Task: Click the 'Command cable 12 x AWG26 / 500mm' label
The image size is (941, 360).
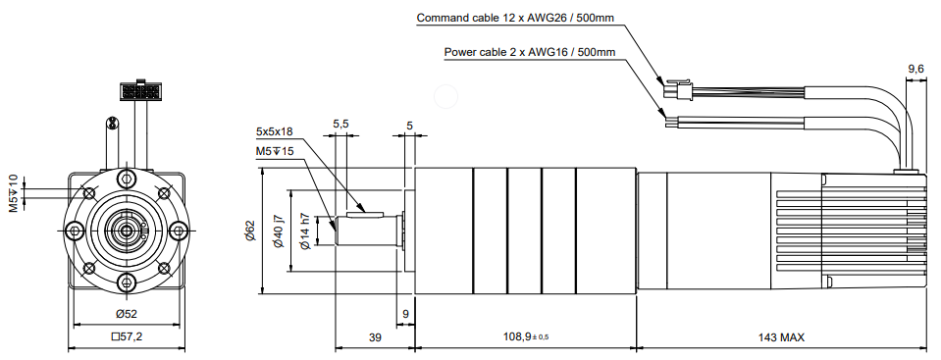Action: pos(515,18)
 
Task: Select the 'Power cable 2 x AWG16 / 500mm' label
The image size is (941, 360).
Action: pos(529,52)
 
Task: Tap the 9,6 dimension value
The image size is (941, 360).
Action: pos(915,70)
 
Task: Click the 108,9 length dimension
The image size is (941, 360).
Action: pos(526,337)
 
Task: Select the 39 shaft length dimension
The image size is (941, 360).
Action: pos(375,337)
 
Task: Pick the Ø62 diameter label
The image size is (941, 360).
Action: pos(249,231)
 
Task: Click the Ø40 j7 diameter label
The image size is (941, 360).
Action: pos(279,231)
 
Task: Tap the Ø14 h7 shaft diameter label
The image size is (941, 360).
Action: pos(305,231)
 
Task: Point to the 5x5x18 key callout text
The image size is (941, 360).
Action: pos(275,130)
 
